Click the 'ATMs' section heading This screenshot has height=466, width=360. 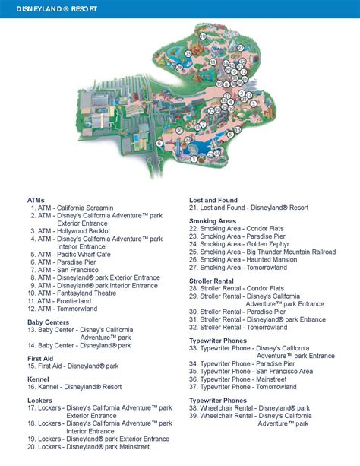click(x=36, y=200)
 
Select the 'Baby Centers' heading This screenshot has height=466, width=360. click(x=48, y=322)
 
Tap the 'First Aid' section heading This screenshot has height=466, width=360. click(x=40, y=358)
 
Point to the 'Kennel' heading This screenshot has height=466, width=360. click(x=38, y=379)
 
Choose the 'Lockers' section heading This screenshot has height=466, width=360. click(x=40, y=401)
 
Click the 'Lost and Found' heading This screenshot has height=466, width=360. click(x=218, y=200)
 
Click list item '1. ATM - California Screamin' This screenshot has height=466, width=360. click(x=72, y=208)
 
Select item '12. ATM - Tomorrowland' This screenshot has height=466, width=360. click(x=64, y=309)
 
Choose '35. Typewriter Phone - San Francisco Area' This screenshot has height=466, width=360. click(x=251, y=372)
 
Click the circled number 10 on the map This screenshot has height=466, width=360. click(x=203, y=36)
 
